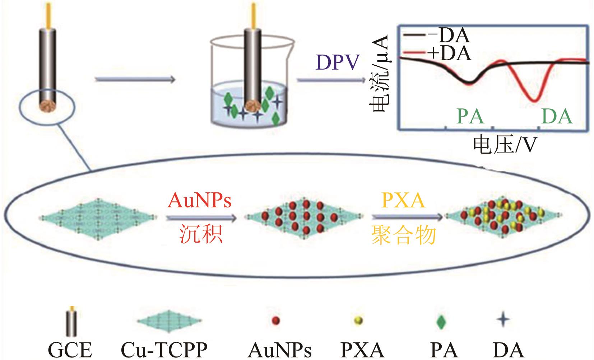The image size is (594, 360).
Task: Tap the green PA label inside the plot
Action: coord(470,116)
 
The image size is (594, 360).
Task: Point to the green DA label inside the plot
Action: coord(557,116)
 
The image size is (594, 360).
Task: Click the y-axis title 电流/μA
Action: coord(380,74)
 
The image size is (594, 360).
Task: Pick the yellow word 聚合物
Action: coord(404,235)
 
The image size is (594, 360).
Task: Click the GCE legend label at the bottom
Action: coord(70,349)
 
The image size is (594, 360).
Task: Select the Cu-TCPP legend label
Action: coord(164,349)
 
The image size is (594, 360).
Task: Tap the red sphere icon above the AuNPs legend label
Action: coord(276,320)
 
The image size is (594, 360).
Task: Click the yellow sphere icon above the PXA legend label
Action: coord(358,320)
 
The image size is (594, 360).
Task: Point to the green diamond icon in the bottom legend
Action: coord(441,321)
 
